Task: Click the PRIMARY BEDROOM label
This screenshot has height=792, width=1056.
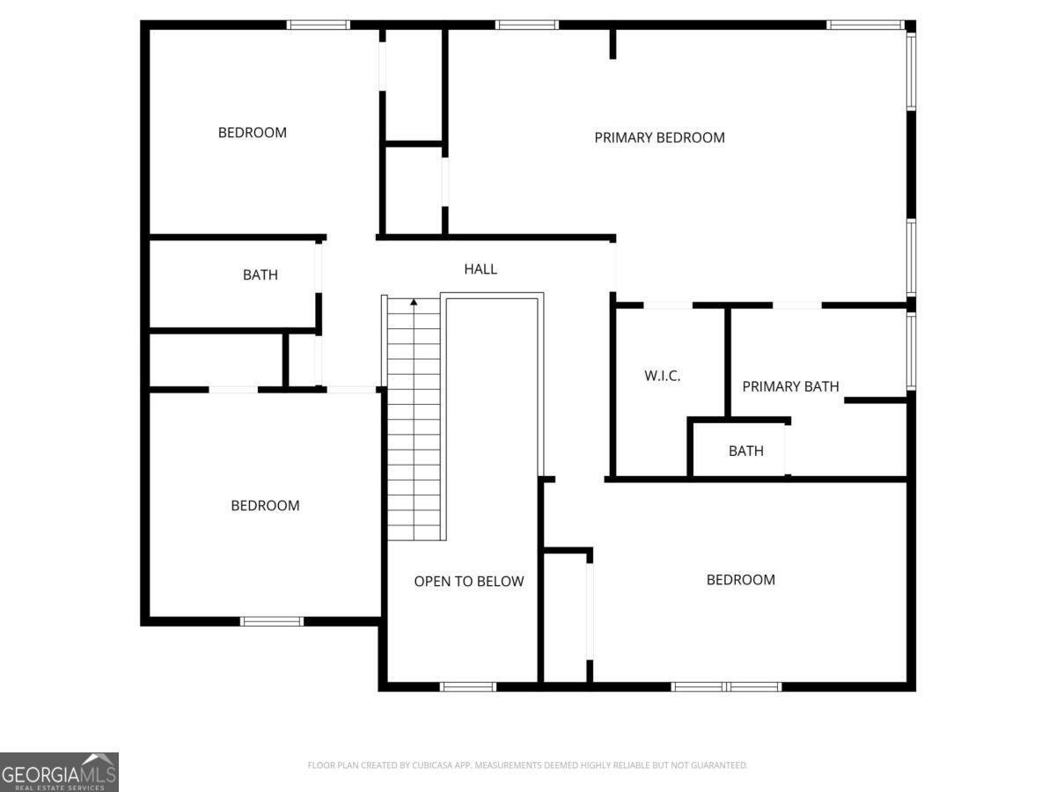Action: [659, 137]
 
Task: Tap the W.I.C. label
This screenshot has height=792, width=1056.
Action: [663, 376]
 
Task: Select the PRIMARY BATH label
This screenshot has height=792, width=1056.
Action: [790, 386]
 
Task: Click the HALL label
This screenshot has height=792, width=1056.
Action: [480, 269]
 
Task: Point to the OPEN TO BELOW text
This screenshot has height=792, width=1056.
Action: [469, 581]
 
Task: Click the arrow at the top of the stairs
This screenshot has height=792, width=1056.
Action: [414, 304]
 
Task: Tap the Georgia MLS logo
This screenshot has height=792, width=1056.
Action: [59, 772]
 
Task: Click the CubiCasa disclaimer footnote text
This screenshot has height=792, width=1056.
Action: [527, 766]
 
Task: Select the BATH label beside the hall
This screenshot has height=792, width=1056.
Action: [260, 275]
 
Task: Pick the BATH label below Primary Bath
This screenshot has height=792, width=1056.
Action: [745, 451]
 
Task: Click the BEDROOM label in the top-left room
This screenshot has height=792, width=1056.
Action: [253, 133]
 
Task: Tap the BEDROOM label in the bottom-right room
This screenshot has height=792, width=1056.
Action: [741, 580]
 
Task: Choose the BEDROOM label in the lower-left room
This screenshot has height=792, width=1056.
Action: [265, 506]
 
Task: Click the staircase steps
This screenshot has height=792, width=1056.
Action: [414, 422]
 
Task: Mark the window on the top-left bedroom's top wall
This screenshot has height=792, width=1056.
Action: [319, 25]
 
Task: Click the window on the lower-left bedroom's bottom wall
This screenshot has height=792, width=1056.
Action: [272, 621]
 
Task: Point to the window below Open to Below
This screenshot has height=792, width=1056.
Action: [468, 686]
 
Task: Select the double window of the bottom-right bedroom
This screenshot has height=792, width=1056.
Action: [726, 686]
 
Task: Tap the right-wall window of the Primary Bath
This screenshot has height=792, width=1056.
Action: [911, 350]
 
